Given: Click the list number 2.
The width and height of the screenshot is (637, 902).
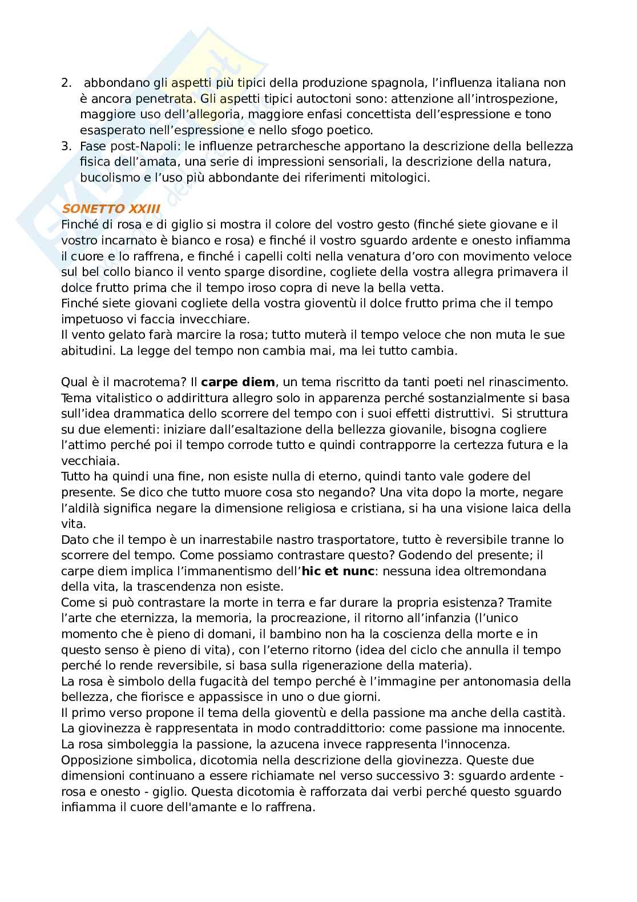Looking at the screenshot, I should coord(66,83).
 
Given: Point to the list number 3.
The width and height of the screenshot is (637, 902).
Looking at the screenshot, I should coord(66,146).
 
